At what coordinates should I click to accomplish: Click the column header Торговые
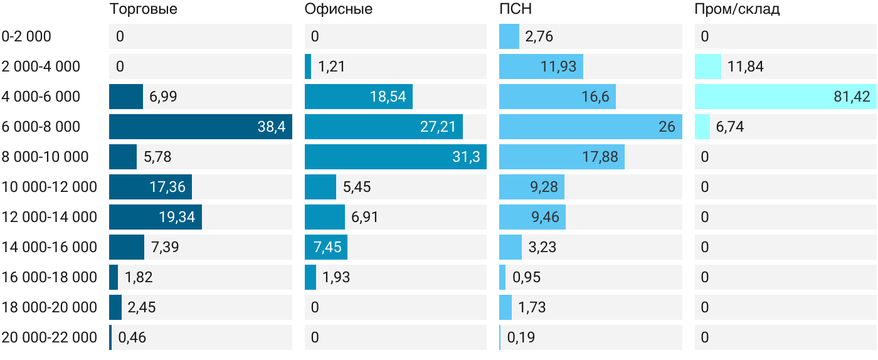click(144, 9)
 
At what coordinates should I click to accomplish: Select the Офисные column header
click(338, 9)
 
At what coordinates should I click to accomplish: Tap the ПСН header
click(516, 9)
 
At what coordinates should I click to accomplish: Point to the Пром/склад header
click(737, 9)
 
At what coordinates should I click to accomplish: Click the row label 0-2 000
click(26, 36)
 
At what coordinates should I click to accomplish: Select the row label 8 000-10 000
click(45, 157)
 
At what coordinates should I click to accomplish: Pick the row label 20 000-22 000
click(50, 337)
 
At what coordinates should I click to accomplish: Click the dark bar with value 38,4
click(201, 127)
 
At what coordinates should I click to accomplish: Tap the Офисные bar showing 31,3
click(396, 157)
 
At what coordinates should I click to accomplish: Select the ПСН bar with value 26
click(591, 127)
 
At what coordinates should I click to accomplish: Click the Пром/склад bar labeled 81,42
click(785, 97)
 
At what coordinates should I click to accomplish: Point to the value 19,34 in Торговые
click(177, 217)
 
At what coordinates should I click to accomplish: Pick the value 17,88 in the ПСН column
click(600, 157)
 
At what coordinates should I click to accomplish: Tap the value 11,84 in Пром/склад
click(746, 66)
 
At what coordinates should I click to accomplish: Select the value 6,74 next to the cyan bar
click(730, 127)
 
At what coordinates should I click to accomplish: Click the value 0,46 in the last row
click(132, 337)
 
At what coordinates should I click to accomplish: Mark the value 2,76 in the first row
click(539, 36)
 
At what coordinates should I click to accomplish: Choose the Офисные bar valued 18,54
click(359, 97)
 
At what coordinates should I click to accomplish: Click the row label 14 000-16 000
click(50, 247)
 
